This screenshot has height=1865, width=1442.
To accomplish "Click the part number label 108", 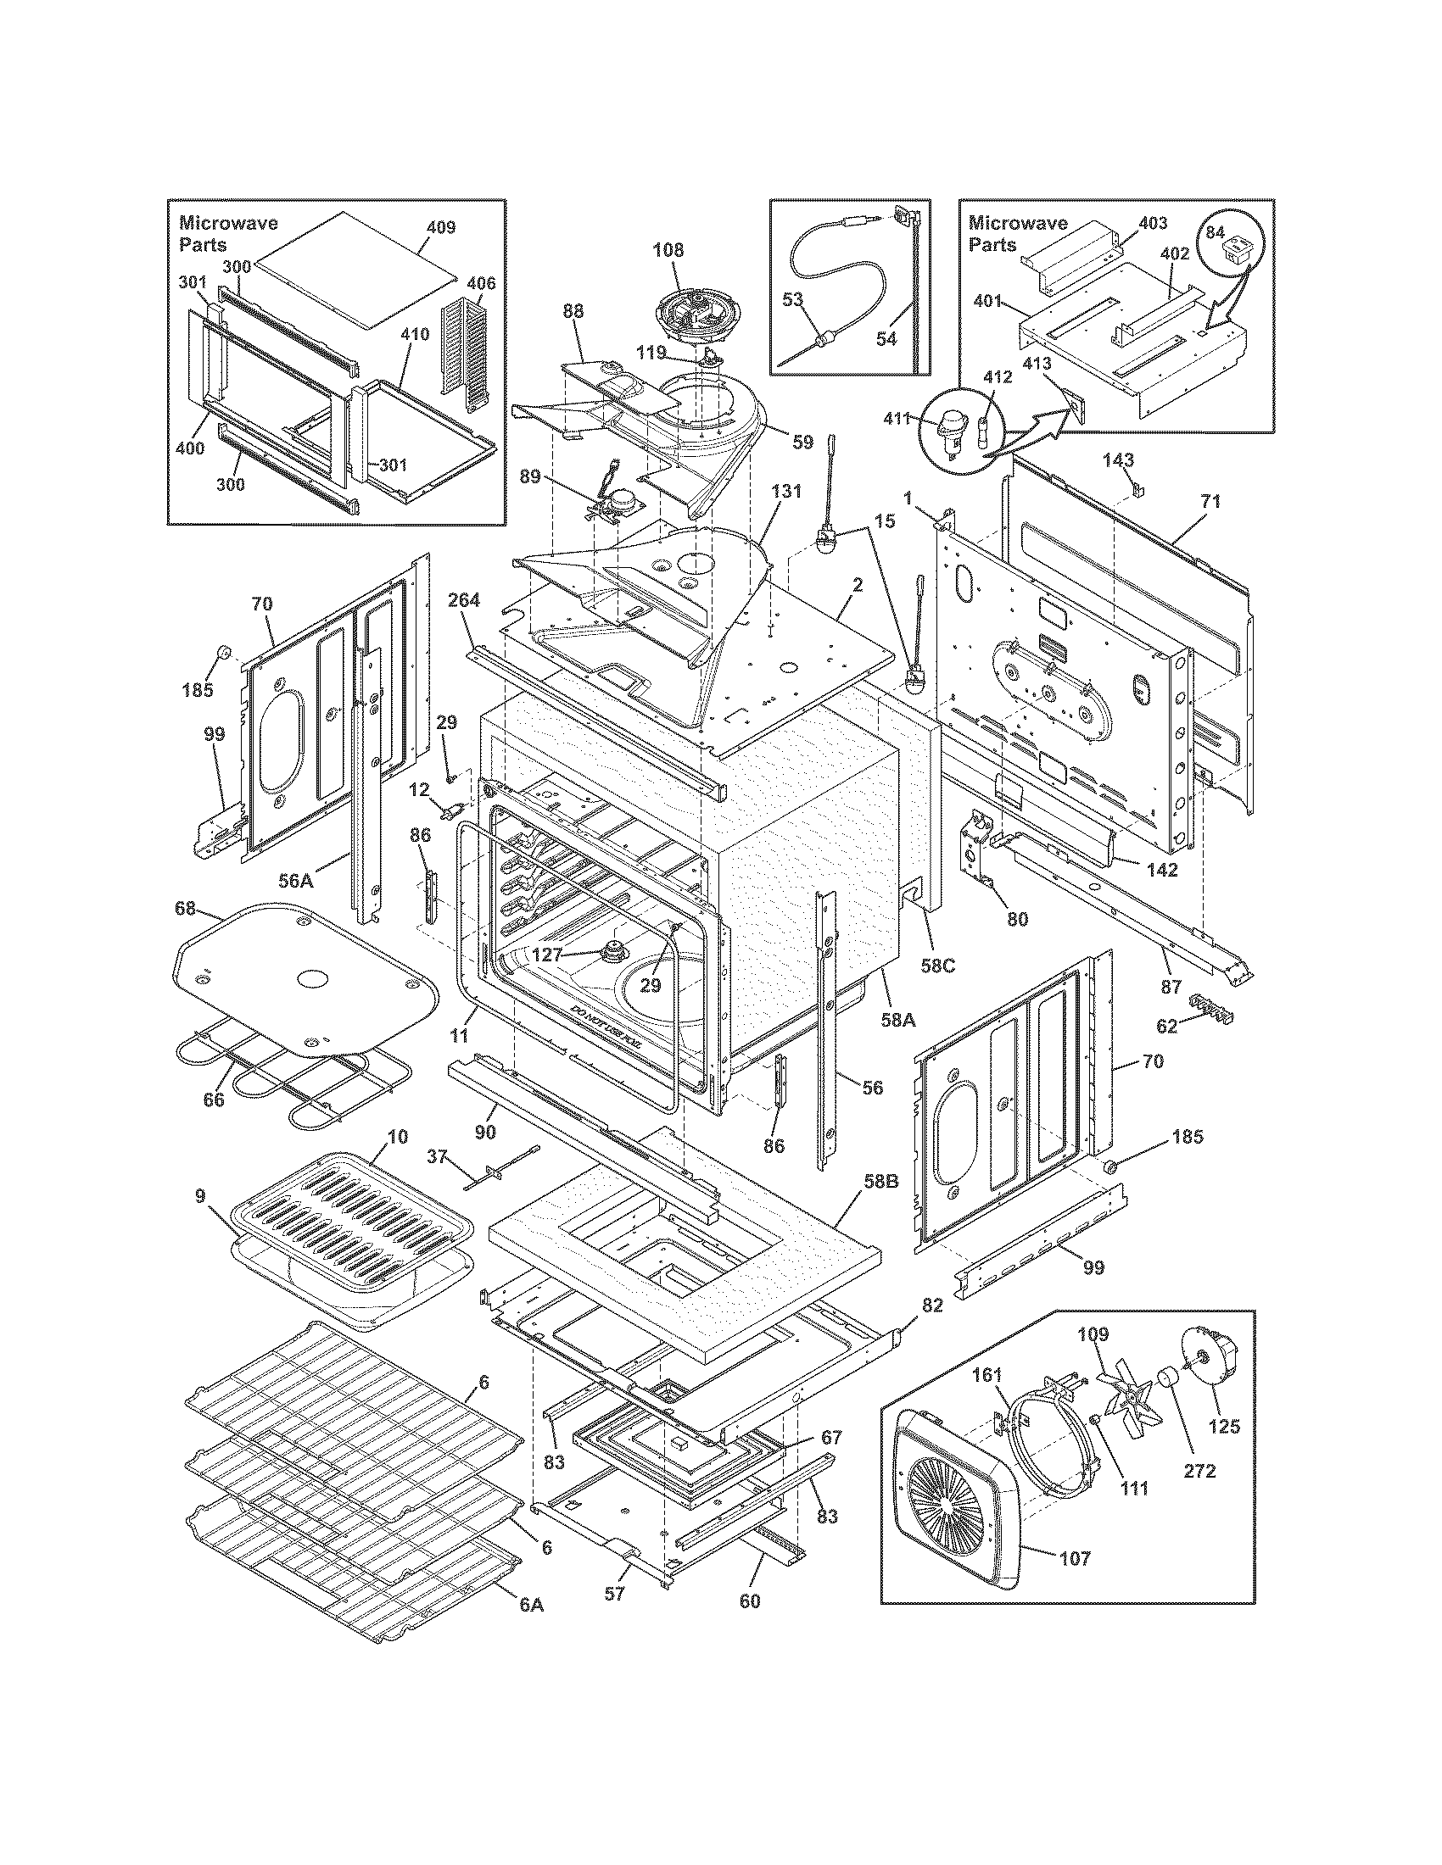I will pos(668,250).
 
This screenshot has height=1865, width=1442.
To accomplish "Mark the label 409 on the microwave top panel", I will pos(441,227).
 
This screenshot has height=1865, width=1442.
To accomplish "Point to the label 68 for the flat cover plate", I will pos(186,907).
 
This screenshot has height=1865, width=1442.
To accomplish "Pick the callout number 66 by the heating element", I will pos(213,1100).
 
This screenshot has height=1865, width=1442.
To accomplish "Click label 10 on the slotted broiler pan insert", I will pos(398,1137).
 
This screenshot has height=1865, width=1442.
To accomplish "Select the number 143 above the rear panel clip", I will pos(1117,460).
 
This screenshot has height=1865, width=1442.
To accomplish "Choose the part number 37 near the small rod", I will pos(437,1156).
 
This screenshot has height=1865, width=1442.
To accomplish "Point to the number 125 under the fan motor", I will pos(1224,1426).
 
